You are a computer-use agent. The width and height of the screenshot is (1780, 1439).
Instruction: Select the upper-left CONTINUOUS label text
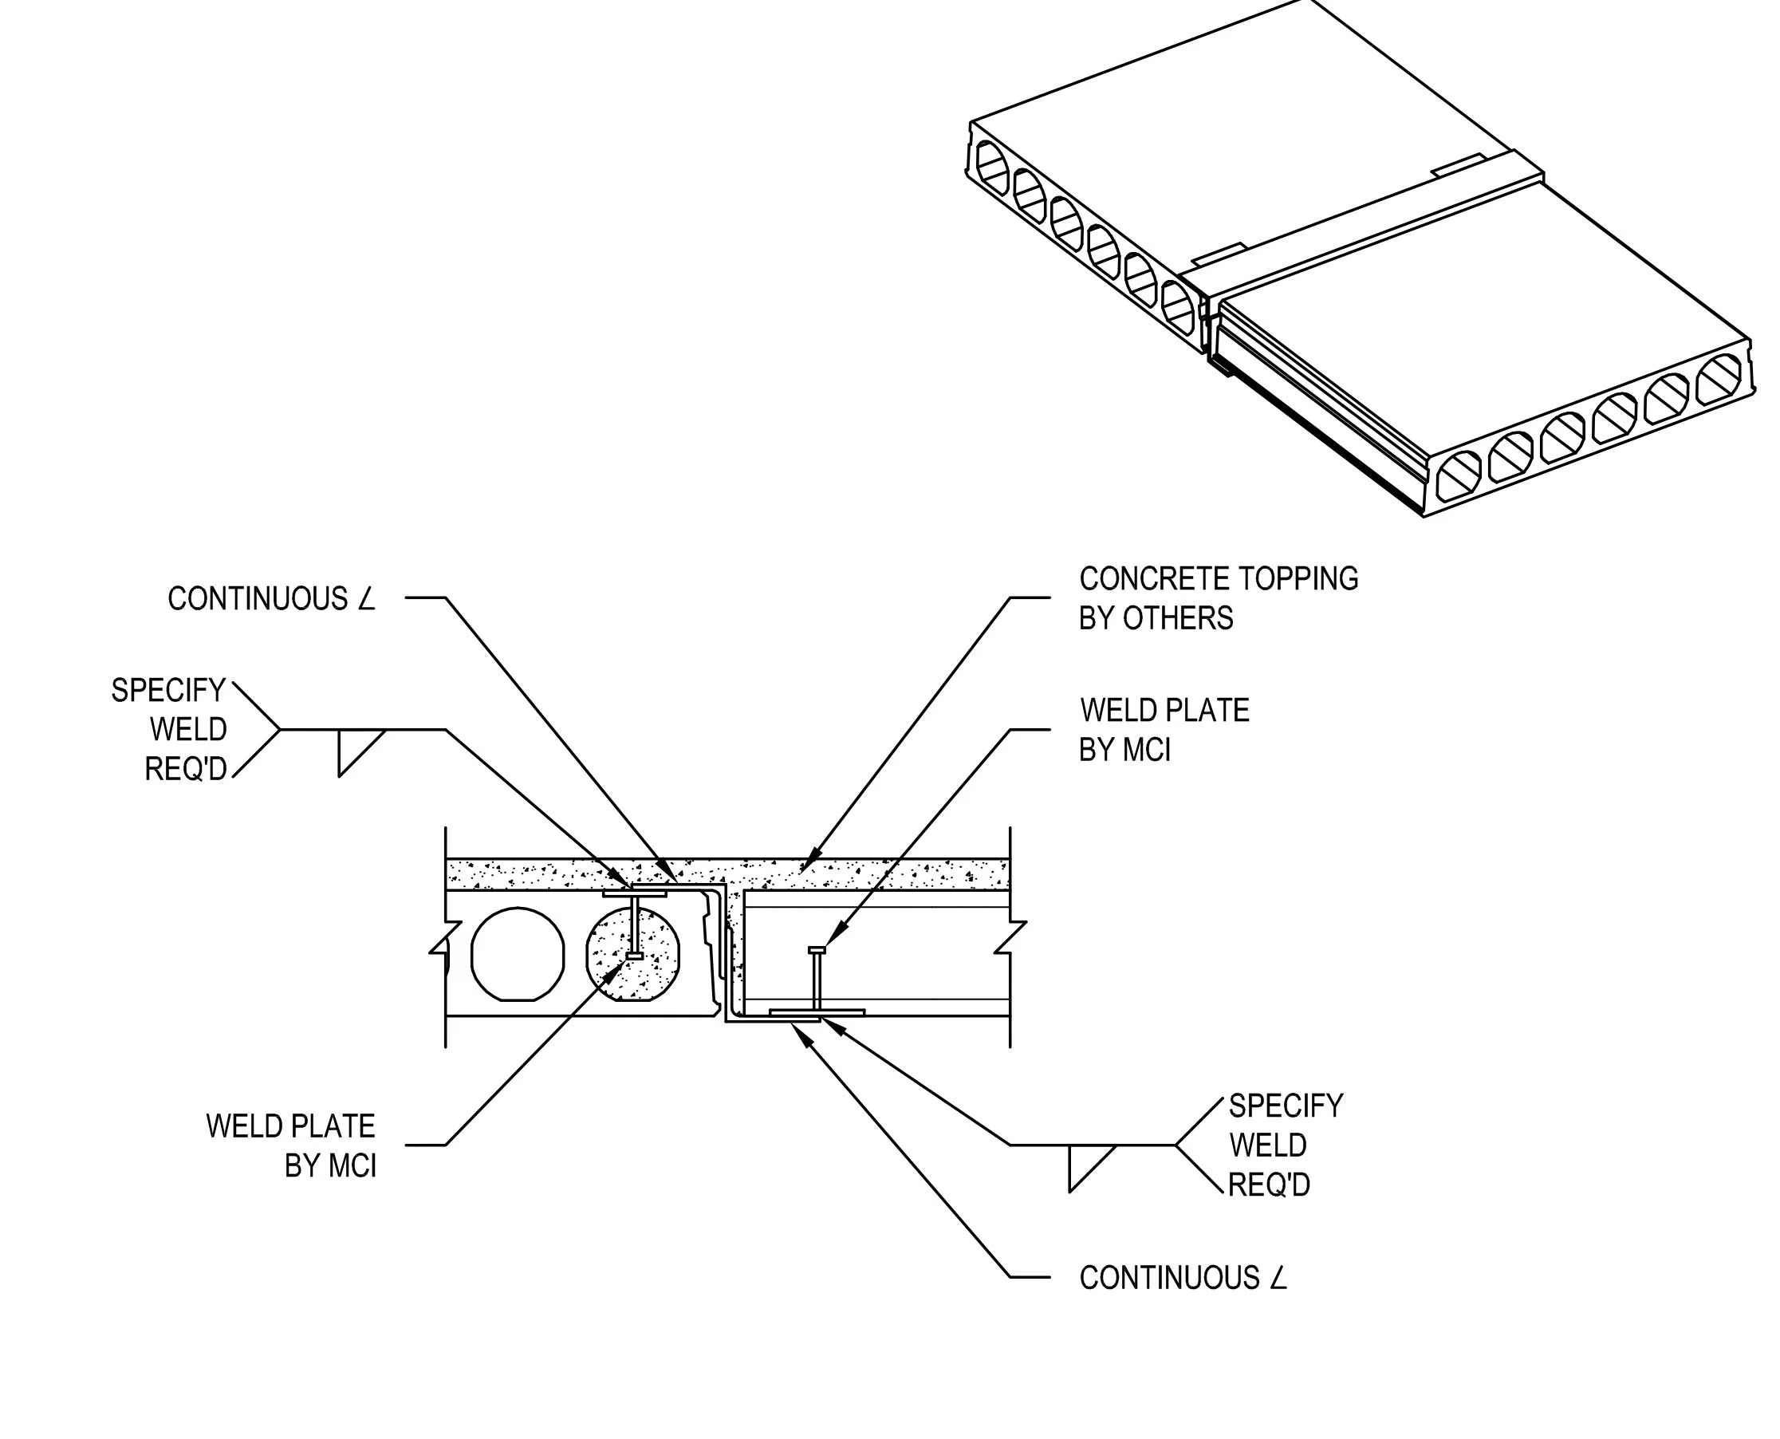pos(257,598)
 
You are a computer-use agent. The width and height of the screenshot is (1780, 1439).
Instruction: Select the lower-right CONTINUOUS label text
pos(1168,1278)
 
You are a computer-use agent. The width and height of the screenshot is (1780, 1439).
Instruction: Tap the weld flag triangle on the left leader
pos(354,746)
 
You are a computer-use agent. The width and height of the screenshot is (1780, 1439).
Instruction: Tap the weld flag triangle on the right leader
pos(1085,1161)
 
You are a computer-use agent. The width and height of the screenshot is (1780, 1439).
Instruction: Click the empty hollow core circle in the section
pos(517,954)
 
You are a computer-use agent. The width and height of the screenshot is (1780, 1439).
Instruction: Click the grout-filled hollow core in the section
pos(632,954)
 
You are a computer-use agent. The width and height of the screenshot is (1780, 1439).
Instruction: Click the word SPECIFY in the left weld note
pos(168,691)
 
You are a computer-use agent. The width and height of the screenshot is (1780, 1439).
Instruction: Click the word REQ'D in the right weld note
pos(1268,1185)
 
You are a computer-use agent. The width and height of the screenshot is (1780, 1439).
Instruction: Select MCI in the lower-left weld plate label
pos(353,1166)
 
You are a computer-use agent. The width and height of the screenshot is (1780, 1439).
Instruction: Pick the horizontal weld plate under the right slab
pos(817,1012)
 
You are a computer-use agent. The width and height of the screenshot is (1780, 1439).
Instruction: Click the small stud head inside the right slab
pos(817,950)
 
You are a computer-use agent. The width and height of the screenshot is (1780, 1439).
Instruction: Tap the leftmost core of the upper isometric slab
pos(991,164)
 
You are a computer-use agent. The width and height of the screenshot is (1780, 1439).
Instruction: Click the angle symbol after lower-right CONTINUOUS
pos(1278,1278)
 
